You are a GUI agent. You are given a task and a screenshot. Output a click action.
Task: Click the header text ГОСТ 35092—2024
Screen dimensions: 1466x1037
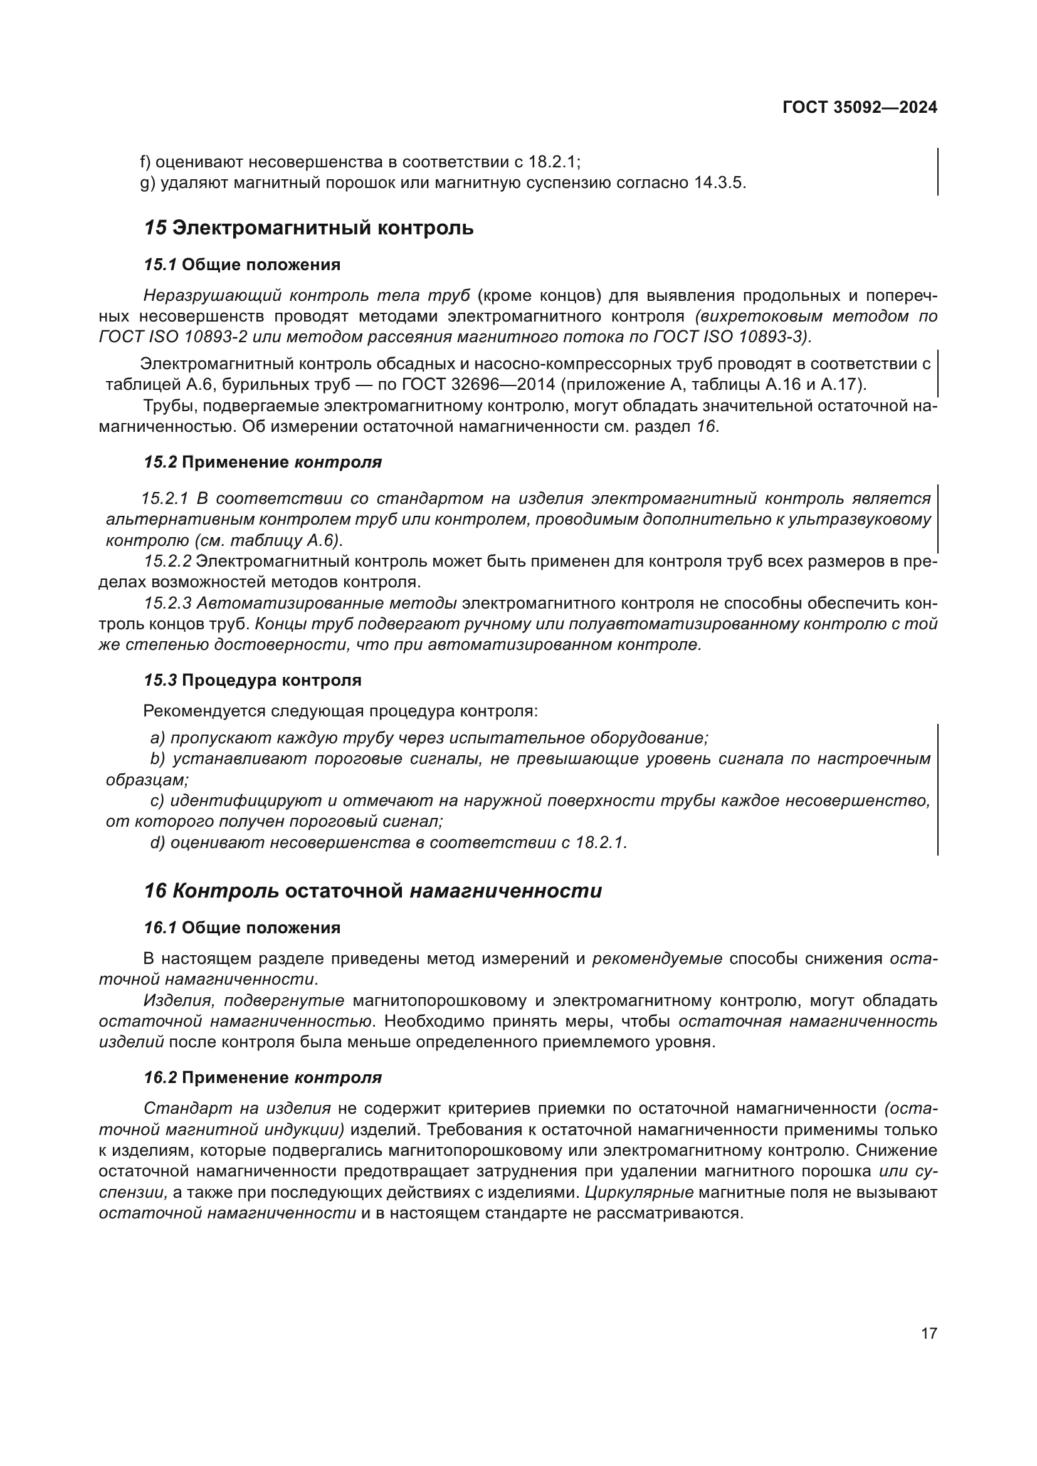(860, 107)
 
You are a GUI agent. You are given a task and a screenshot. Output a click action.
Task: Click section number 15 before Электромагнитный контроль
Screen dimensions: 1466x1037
(155, 228)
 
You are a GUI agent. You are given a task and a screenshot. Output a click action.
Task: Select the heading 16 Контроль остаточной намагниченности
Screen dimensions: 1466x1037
(373, 891)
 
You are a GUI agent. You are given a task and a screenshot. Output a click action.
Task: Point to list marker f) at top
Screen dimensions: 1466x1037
(145, 162)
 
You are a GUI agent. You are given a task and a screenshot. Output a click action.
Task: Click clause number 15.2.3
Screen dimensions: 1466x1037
(167, 604)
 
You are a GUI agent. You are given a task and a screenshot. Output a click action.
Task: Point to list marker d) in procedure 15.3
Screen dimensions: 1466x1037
(158, 843)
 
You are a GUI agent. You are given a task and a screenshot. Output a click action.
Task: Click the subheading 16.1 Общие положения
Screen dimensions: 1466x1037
(242, 927)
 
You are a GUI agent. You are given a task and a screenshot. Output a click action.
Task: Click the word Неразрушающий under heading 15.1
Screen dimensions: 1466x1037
(211, 296)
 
